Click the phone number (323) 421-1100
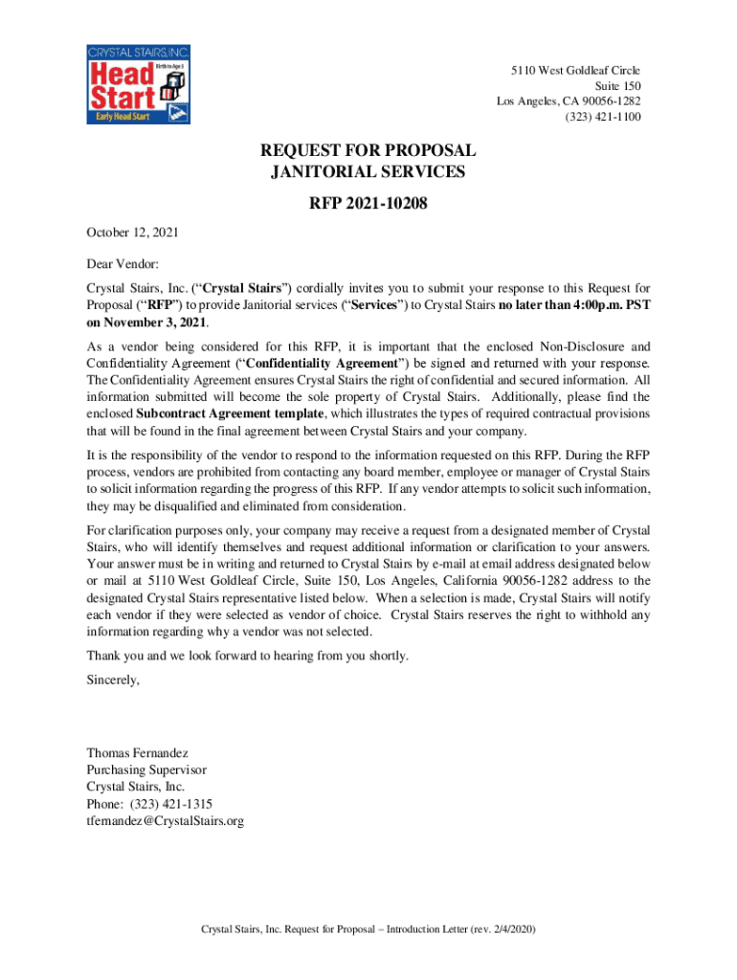point(603,117)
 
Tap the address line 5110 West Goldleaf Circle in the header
point(575,71)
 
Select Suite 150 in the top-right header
point(617,86)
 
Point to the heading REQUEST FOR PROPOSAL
point(368,151)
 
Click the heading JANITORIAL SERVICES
point(368,173)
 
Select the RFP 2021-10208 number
point(368,203)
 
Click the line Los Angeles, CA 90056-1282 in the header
point(569,101)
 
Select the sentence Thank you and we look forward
point(247,656)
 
